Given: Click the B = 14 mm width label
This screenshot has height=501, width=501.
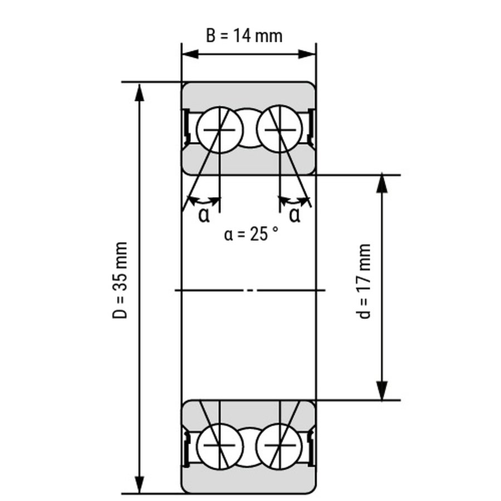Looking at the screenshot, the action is (x=244, y=36).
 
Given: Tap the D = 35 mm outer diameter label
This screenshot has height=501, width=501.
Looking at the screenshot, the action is (x=120, y=280).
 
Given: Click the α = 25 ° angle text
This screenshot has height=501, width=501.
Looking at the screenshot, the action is (x=251, y=234).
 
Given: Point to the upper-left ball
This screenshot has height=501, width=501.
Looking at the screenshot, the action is (x=220, y=130).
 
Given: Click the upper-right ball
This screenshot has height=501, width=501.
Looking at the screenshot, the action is (x=279, y=130).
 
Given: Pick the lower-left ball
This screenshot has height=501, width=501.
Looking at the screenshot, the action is (x=220, y=446).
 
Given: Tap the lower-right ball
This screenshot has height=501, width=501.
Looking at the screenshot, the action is (x=279, y=446).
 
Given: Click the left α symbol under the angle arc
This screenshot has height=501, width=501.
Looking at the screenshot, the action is (x=204, y=215).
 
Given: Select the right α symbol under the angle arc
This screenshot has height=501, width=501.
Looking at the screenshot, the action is (x=294, y=215).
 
